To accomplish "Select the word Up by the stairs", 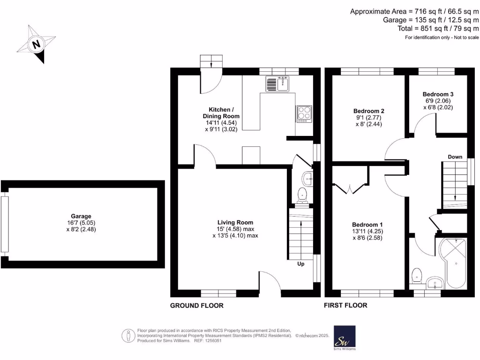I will pyautogui.click(x=301, y=264).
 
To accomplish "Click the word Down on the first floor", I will pyautogui.click(x=455, y=157).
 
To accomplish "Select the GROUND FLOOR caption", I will pyautogui.click(x=196, y=306).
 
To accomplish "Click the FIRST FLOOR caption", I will pyautogui.click(x=345, y=306).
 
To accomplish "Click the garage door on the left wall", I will pyautogui.click(x=5, y=224).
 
